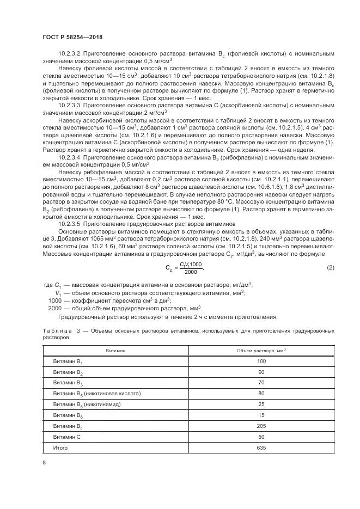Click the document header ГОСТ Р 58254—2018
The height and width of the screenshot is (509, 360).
click(72, 37)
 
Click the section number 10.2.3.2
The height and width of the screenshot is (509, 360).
click(70, 53)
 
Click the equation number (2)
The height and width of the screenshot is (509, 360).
click(330, 267)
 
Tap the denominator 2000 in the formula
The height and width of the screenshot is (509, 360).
click(191, 272)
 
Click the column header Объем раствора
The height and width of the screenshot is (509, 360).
click(261, 351)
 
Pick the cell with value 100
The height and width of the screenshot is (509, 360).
click(261, 361)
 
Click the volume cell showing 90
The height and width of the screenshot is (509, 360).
click(261, 372)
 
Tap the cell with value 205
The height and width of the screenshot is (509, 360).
click(261, 426)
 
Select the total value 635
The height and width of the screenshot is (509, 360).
click(261, 447)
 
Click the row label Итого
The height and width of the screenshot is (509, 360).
click(60, 447)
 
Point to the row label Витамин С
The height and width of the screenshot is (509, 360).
click(67, 437)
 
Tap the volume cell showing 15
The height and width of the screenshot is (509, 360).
click(261, 415)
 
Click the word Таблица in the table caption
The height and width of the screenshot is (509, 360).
click(56, 331)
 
